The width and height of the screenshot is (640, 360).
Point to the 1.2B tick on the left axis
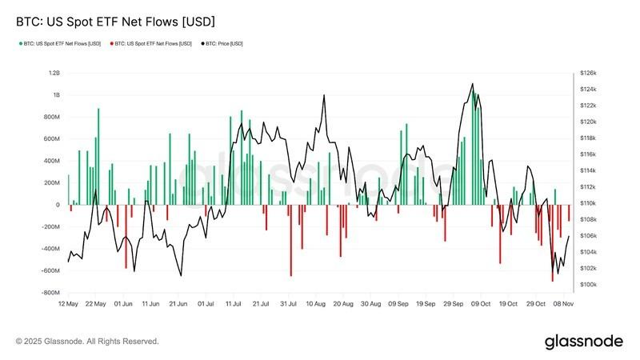54,73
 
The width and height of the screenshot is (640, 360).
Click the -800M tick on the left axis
50,293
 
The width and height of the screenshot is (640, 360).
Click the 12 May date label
68,305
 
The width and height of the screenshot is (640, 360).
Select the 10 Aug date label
315,305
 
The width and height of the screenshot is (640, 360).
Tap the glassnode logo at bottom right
583,342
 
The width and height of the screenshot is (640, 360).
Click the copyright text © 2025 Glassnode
87,342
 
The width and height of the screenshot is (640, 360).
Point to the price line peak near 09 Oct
473,83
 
